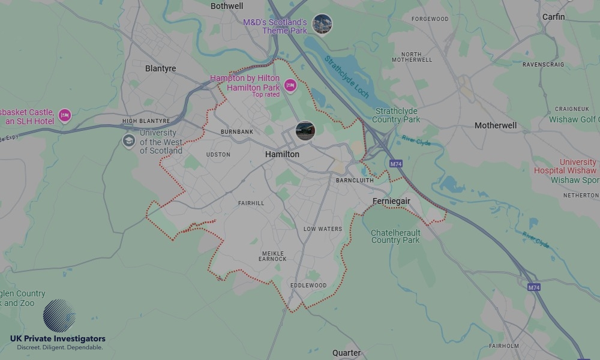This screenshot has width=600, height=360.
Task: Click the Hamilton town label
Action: click(x=282, y=154)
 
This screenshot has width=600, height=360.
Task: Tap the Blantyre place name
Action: click(x=161, y=68)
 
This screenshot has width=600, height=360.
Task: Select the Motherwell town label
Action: click(x=496, y=125)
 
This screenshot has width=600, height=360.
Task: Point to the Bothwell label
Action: click(x=227, y=6)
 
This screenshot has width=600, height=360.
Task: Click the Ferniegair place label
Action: click(x=391, y=201)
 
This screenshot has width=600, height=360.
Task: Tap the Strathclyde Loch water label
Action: click(x=347, y=77)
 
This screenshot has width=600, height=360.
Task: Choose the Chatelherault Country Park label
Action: click(x=395, y=236)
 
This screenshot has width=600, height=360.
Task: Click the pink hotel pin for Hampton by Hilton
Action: click(x=290, y=86)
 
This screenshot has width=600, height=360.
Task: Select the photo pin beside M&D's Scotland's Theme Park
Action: click(x=322, y=24)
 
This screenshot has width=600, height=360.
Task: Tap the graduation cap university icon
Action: click(x=129, y=141)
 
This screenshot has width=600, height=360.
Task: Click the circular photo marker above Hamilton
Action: click(x=305, y=130)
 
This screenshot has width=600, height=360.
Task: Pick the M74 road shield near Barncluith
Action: click(x=395, y=163)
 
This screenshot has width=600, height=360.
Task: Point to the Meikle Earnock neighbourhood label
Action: click(x=272, y=256)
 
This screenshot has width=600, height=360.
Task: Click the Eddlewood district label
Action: click(x=308, y=285)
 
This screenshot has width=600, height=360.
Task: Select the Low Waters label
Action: click(x=323, y=229)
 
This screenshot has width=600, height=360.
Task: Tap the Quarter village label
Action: click(x=347, y=353)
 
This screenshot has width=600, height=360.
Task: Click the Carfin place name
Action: click(x=553, y=17)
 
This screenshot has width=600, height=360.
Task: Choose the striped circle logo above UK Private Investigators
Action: click(x=59, y=316)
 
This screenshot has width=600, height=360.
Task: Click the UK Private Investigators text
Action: click(x=58, y=339)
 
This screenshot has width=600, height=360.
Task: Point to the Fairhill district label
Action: click(x=251, y=203)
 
